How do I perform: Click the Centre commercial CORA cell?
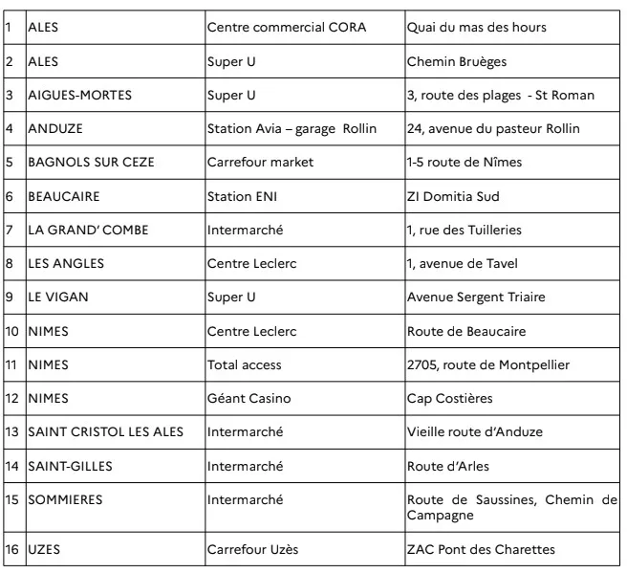point(273,28)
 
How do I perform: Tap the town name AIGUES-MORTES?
point(80,95)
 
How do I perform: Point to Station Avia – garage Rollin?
point(292,128)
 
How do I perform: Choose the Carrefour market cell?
point(260,162)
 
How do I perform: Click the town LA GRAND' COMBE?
point(88,230)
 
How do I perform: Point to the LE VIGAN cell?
point(58,297)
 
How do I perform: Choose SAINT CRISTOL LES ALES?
point(105,431)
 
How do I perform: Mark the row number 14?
point(12,465)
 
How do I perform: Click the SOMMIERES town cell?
point(65,499)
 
